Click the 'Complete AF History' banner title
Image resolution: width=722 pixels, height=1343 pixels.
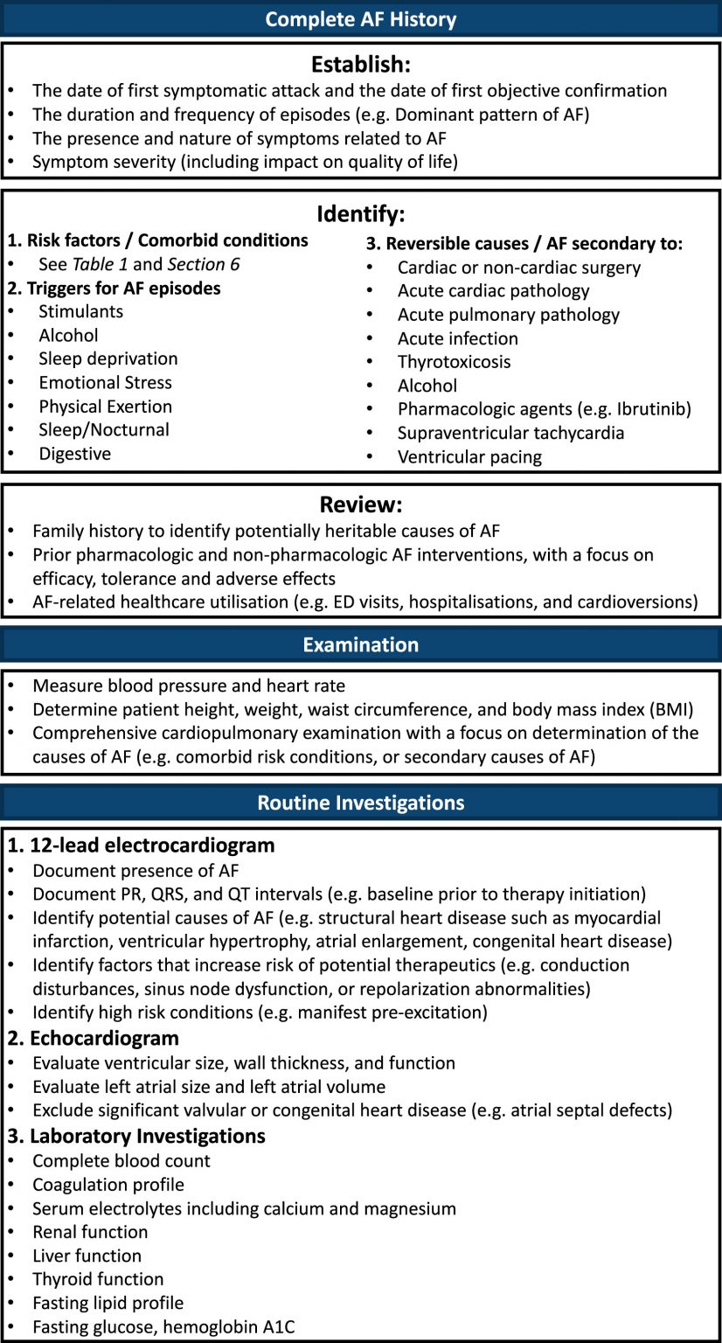click(360, 18)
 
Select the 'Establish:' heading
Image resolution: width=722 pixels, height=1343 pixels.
click(360, 65)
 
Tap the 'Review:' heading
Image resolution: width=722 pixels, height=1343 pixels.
click(360, 506)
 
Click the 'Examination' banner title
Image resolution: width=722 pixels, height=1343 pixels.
click(360, 644)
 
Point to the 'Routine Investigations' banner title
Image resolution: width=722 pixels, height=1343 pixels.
click(360, 802)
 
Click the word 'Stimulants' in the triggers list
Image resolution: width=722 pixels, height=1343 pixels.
click(81, 311)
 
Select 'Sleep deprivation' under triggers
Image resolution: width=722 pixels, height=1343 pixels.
click(108, 358)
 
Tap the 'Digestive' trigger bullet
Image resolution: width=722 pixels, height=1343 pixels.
click(75, 453)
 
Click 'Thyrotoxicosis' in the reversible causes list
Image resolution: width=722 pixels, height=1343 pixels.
click(455, 362)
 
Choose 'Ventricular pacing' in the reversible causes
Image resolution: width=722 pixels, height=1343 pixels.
click(469, 456)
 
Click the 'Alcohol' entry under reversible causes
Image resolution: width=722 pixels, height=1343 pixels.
click(427, 386)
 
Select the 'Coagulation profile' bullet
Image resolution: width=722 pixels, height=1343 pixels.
click(108, 1185)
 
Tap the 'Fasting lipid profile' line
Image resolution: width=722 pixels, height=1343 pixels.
click(108, 1303)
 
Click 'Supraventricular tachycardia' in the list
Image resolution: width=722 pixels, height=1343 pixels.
click(511, 433)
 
